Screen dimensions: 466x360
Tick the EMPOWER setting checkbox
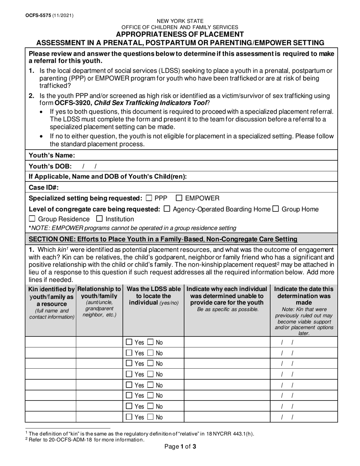(x=179, y=198)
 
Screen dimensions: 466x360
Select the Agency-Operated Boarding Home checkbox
(x=167, y=209)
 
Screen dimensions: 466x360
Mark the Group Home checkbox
(x=276, y=209)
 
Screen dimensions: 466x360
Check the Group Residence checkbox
(x=33, y=219)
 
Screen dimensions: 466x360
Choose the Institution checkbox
(x=100, y=219)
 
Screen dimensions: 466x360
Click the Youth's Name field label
(x=52, y=155)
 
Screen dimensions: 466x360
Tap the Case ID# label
(x=44, y=187)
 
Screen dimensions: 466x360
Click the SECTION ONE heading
(x=163, y=239)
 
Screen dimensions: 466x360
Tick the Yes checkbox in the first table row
(x=129, y=342)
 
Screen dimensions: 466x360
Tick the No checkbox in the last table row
(x=151, y=417)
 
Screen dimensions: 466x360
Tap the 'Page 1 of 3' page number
(x=180, y=447)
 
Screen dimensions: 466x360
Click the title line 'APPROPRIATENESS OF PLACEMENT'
(x=180, y=34)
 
